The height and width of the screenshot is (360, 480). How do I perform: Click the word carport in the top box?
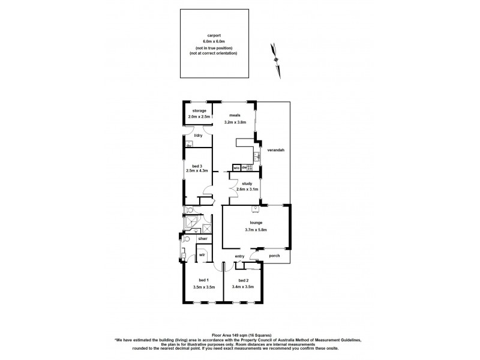click(x=214, y=35)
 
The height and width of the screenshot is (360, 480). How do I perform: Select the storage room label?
click(x=199, y=111)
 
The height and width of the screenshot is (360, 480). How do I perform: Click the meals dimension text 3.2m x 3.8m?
click(x=235, y=122)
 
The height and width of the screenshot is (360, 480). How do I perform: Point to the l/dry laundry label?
click(x=199, y=136)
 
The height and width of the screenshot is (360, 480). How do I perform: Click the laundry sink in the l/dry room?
click(x=189, y=143)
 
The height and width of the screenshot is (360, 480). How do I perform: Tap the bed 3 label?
click(x=197, y=166)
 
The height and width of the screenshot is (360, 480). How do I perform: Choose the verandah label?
click(x=275, y=149)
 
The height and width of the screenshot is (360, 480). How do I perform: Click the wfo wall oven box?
click(x=236, y=167)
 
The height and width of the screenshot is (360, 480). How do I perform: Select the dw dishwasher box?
click(x=245, y=167)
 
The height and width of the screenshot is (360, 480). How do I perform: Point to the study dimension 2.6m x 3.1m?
click(x=247, y=190)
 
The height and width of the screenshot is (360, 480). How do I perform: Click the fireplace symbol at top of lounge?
click(x=256, y=209)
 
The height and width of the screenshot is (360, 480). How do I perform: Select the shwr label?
click(x=202, y=239)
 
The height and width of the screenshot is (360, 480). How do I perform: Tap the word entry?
click(x=240, y=256)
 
